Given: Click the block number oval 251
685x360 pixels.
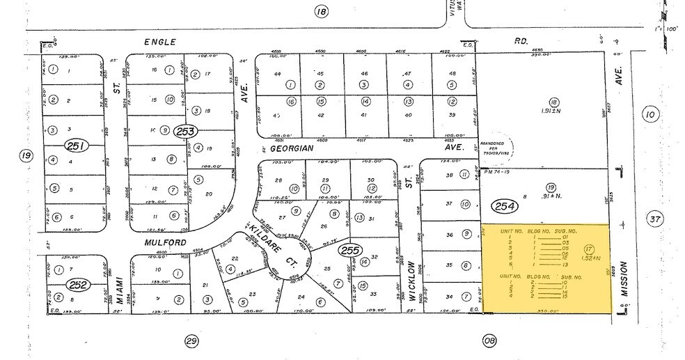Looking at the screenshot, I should click(74, 146).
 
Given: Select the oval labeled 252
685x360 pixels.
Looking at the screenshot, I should click(76, 285).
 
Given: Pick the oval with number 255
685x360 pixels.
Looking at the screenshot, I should click(348, 250).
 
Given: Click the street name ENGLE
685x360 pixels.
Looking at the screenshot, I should click(157, 42).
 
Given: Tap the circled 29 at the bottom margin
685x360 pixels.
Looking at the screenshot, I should click(189, 341).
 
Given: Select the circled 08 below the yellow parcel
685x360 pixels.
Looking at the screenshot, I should click(490, 341).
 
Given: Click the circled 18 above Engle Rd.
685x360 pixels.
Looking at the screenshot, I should click(320, 11).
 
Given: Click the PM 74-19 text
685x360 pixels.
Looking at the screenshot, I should click(495, 179).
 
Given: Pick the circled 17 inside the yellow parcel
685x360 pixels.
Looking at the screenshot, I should click(590, 249).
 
